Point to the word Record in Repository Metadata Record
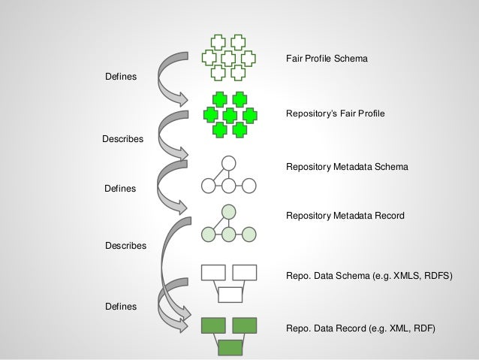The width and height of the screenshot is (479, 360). [388, 216]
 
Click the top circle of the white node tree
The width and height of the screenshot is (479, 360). [229, 162]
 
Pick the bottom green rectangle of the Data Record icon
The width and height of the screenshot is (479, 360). [230, 347]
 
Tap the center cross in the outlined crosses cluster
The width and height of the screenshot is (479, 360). [229, 58]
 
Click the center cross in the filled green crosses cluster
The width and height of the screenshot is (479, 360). [229, 114]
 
